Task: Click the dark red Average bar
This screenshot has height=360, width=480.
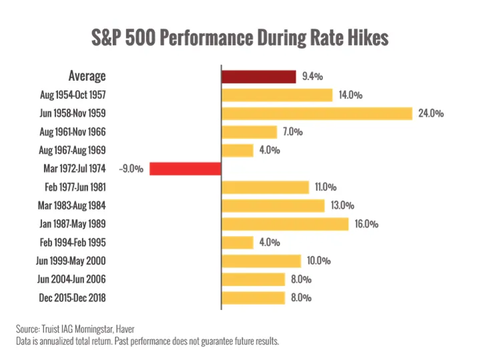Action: (258, 77)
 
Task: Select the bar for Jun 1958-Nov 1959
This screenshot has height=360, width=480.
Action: (316, 114)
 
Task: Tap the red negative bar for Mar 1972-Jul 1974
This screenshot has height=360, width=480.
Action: (185, 169)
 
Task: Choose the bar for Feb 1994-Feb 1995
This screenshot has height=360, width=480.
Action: (237, 242)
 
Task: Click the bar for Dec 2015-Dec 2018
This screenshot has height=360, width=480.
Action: (253, 298)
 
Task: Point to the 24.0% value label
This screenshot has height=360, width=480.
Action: (431, 114)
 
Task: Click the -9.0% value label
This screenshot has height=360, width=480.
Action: (131, 169)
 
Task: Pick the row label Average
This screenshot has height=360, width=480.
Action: (87, 77)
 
